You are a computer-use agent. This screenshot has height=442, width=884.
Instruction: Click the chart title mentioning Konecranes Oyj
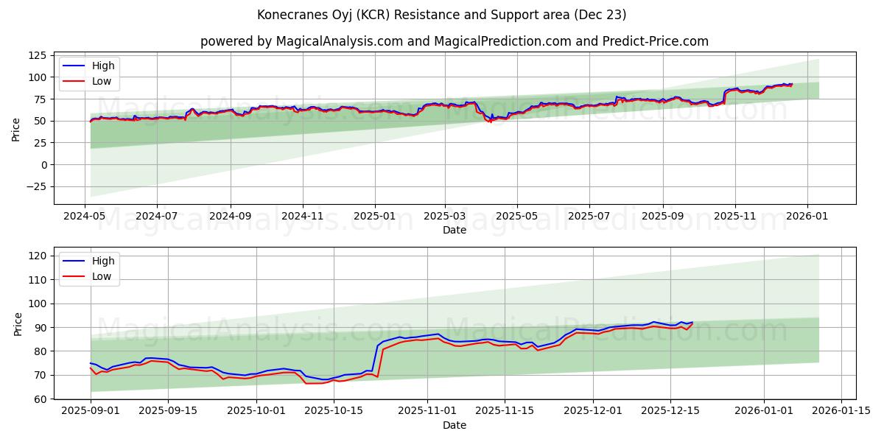[x=442, y=15]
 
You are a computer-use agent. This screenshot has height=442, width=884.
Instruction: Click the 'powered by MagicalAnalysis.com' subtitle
[x=455, y=41]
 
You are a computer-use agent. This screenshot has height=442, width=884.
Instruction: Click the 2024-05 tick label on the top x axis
[x=85, y=217]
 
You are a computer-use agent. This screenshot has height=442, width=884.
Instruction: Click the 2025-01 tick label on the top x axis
[x=374, y=217]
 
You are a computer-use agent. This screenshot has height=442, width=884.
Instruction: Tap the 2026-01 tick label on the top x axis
[x=807, y=217]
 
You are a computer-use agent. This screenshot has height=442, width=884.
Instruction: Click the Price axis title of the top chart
[x=16, y=130]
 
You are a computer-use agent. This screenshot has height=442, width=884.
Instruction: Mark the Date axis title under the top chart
[x=455, y=230]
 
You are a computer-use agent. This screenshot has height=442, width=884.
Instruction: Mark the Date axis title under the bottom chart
[x=455, y=425]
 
